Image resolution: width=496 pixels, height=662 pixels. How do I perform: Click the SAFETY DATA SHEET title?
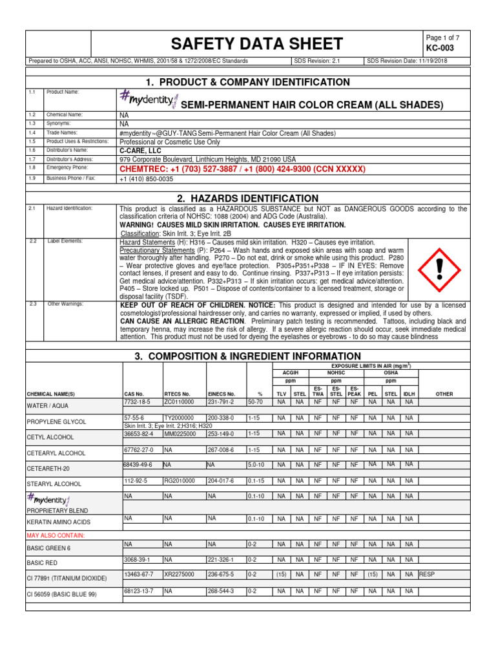click(256, 44)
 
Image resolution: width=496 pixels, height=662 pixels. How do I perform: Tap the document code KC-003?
click(437, 49)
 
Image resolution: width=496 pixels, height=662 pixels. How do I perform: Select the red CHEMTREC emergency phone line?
click(242, 169)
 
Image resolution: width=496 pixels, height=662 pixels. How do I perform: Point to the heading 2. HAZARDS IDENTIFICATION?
click(247, 198)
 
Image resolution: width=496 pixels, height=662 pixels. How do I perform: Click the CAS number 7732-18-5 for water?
click(136, 401)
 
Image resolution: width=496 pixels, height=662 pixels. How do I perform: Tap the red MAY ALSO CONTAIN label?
click(55, 535)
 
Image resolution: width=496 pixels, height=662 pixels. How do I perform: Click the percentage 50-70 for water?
click(256, 401)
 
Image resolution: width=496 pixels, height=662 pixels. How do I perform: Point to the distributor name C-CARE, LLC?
click(141, 150)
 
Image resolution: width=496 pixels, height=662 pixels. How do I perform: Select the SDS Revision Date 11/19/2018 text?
click(407, 61)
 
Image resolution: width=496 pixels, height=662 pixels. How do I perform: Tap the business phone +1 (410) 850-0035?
click(147, 178)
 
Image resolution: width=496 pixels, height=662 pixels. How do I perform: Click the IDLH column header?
click(409, 393)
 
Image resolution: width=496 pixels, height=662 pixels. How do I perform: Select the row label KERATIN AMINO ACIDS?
click(58, 521)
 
